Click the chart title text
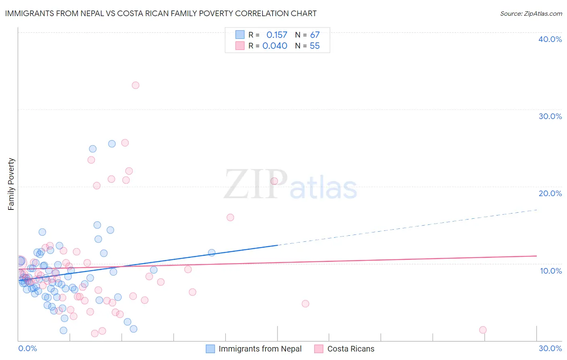[x=161, y=13]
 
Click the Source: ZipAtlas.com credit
[x=531, y=13]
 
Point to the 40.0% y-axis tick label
[x=550, y=39]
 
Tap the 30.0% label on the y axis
[x=550, y=116]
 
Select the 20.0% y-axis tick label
[x=550, y=193]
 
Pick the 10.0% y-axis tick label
[x=550, y=271]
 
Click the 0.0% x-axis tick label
[x=27, y=348]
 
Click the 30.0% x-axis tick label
[x=550, y=348]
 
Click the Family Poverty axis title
[x=11, y=184]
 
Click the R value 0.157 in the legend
[x=277, y=35]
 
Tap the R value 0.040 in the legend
[x=275, y=46]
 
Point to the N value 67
[x=315, y=35]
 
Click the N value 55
[x=315, y=46]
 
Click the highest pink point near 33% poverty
[x=135, y=85]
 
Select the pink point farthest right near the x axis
[x=483, y=330]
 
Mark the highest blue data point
[x=112, y=144]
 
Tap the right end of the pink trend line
[x=536, y=256]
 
